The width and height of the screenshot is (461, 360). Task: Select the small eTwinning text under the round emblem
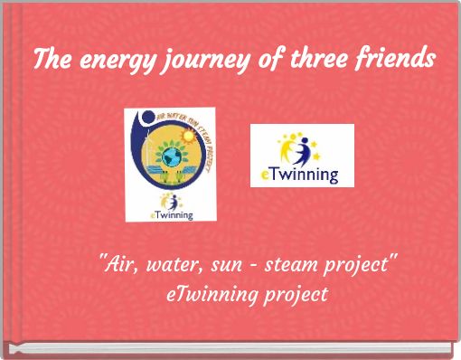171,213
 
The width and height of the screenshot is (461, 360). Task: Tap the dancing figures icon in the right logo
301,147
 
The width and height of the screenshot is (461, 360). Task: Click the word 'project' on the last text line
295,296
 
